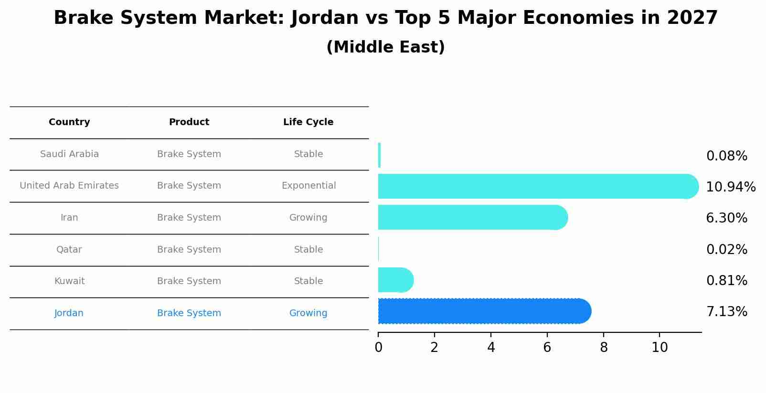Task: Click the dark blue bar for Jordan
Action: (482, 311)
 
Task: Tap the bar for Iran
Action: (470, 218)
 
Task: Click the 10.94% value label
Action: (730, 187)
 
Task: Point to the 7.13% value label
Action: (726, 312)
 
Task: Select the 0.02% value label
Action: (726, 249)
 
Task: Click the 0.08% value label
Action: (726, 156)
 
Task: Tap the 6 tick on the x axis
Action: (547, 347)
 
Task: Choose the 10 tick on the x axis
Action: (660, 347)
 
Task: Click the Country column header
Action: (69, 122)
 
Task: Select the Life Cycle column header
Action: (308, 122)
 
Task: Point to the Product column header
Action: (189, 122)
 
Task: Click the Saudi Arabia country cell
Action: (69, 154)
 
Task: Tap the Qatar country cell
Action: (69, 250)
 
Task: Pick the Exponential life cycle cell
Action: (309, 186)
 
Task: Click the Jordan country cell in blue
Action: (69, 313)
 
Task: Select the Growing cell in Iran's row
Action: (308, 218)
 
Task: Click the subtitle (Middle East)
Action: (385, 47)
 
